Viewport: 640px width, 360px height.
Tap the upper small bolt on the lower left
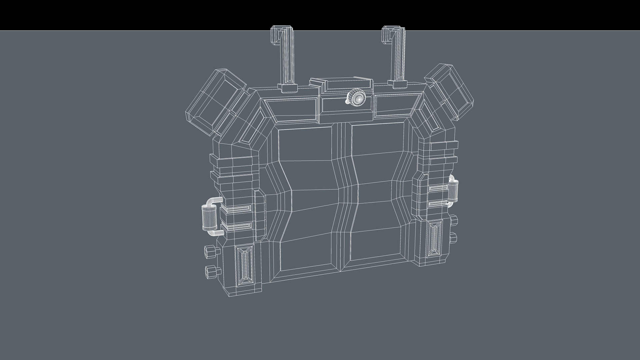210,252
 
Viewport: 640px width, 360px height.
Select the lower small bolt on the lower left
211,272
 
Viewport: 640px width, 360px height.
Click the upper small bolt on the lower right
453,221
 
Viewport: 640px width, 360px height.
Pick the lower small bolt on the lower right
453,237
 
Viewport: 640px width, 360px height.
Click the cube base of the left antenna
287,88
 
